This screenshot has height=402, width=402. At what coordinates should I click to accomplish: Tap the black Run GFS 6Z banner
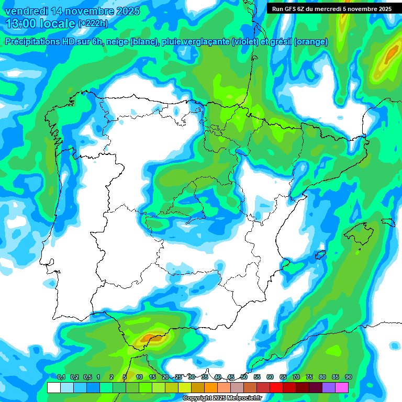pos(332,8)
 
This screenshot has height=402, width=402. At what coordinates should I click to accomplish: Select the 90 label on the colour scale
pos(348,377)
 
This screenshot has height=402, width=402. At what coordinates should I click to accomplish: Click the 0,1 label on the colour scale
pos(61,377)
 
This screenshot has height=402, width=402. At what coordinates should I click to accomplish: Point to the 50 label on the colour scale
pos(244,377)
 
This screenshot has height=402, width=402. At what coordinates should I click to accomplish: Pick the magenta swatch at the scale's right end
pos(342,387)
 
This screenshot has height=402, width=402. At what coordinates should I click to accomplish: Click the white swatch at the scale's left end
pos(53,387)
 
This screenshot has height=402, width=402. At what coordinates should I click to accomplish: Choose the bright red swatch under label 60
pos(276,387)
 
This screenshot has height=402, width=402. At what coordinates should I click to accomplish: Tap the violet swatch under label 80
pos(329,387)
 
